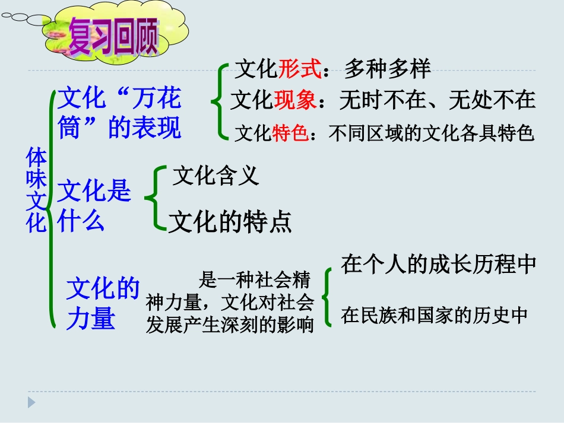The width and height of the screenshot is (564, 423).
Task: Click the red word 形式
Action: [x=299, y=69]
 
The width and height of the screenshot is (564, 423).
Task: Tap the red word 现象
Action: [x=296, y=100]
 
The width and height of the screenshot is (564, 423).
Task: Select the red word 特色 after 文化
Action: [x=290, y=133]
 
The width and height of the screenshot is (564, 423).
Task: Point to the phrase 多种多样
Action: [x=387, y=69]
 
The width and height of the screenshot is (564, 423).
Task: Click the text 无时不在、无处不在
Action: [x=437, y=100]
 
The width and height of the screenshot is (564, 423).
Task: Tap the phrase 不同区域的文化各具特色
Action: [x=431, y=133]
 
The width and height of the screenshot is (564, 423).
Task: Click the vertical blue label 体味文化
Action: [x=36, y=190]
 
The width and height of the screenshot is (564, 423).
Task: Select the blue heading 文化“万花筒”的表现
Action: [x=119, y=113]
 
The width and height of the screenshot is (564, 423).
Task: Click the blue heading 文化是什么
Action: [x=94, y=205]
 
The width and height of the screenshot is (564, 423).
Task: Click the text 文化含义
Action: [x=216, y=176]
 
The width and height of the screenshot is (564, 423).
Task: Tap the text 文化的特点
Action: [x=230, y=222]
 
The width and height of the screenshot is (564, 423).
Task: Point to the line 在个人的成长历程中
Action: [x=439, y=265]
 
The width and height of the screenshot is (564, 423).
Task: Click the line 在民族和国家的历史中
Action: [x=434, y=315]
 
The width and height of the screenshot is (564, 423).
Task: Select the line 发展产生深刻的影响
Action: [x=230, y=325]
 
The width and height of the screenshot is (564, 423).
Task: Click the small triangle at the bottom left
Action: [x=31, y=403]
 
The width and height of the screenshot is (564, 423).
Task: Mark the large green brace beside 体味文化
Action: [x=50, y=208]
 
